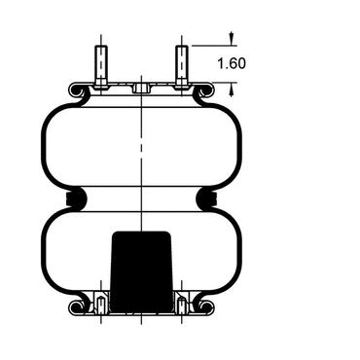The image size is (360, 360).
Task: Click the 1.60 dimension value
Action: (232, 63)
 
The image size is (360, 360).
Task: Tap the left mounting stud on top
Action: (101, 67)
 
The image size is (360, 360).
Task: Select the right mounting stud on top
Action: (182, 67)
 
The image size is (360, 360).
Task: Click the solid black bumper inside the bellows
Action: (141, 271)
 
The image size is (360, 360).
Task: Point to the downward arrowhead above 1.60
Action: (232, 38)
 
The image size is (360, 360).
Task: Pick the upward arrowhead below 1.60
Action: (232, 90)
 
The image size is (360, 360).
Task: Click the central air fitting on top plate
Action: (141, 88)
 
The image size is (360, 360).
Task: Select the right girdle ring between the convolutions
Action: (207, 198)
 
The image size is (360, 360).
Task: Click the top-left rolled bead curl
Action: (77, 90)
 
